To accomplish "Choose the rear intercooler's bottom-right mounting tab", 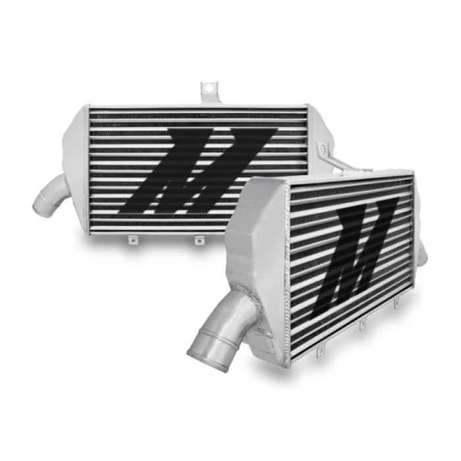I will click(x=196, y=240).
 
